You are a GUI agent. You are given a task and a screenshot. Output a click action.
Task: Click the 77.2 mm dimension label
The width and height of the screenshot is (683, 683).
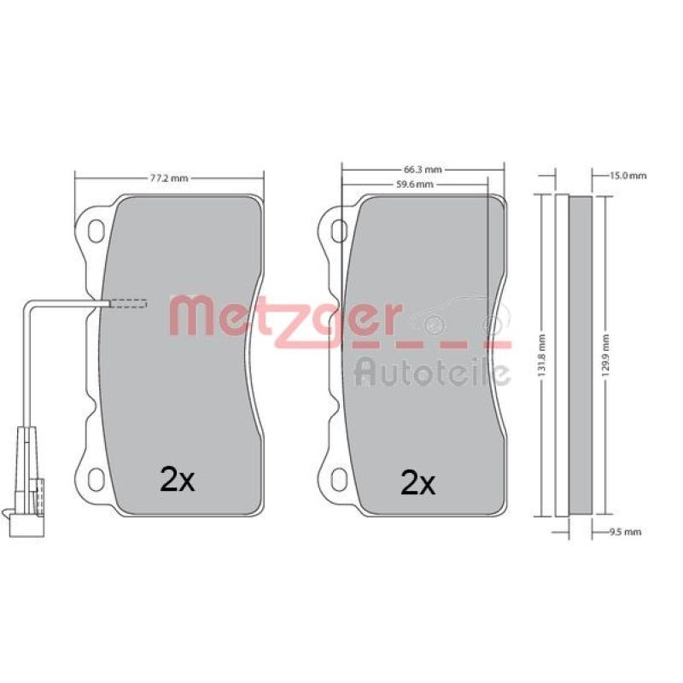pyautogui.click(x=169, y=178)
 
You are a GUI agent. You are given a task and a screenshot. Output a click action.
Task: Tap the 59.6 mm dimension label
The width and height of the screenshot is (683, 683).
pyautogui.click(x=415, y=184)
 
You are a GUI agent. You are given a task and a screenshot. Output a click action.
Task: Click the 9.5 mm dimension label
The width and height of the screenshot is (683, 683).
pyautogui.click(x=625, y=532)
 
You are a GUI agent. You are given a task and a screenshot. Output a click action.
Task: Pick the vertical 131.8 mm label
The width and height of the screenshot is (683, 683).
pyautogui.click(x=541, y=356)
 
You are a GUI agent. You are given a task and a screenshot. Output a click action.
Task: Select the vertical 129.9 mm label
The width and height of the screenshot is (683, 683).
pyautogui.click(x=606, y=356)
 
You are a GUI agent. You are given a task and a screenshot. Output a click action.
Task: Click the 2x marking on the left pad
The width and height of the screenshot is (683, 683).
pyautogui.click(x=178, y=479)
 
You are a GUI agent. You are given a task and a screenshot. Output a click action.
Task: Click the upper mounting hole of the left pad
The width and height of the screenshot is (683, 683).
pyautogui.click(x=96, y=231)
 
